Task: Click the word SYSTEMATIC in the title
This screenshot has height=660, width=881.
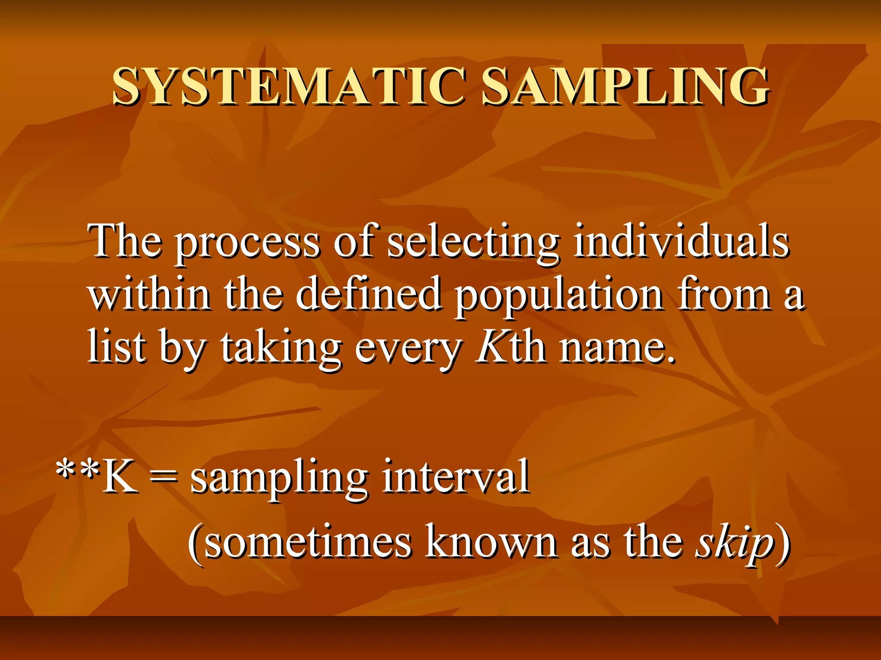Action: [288, 87]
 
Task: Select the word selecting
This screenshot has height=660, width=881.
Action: [472, 243]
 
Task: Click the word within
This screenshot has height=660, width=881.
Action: [149, 294]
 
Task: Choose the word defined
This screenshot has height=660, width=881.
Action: [368, 294]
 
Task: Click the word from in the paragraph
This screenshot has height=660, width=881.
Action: [724, 294]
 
